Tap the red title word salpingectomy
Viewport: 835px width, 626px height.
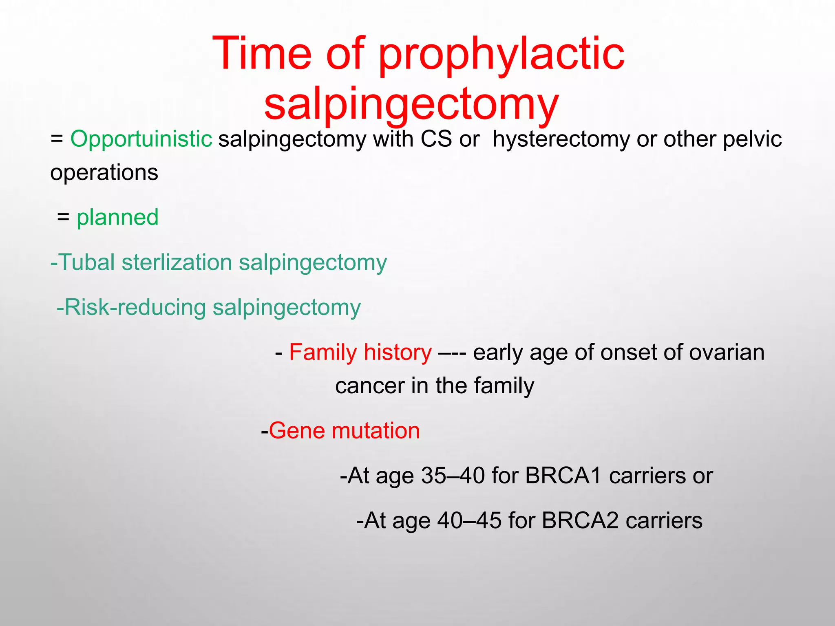[x=411, y=104]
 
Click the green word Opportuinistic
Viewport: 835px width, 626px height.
[x=141, y=139]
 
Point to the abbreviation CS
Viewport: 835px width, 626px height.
[x=436, y=139]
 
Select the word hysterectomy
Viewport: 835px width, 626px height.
[x=561, y=139]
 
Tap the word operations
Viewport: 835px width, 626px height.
[x=104, y=172]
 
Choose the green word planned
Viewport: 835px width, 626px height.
[x=117, y=217]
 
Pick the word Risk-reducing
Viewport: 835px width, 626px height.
[x=135, y=307]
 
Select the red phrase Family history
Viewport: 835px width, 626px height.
[x=360, y=352]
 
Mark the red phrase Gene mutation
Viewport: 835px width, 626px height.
[x=344, y=431]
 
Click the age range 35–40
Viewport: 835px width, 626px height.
[x=453, y=476]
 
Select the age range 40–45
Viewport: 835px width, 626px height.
[x=469, y=520]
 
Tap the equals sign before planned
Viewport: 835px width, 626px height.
[x=63, y=217]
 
